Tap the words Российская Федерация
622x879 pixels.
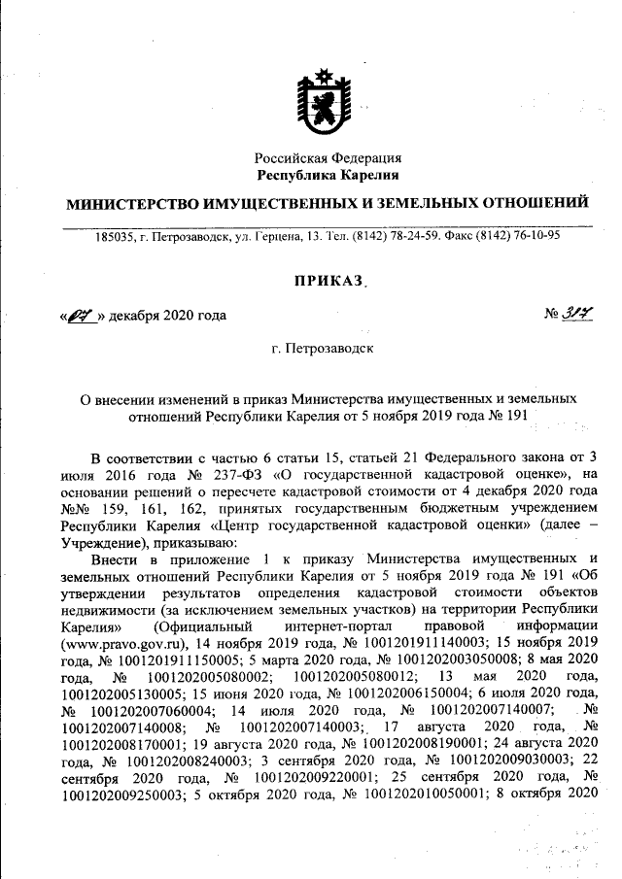328,158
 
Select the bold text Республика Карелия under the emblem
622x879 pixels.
328,175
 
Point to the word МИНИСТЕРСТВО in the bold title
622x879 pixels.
131,203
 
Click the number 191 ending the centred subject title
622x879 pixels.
514,415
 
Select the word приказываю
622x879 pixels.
190,543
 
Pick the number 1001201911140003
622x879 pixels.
418,642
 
